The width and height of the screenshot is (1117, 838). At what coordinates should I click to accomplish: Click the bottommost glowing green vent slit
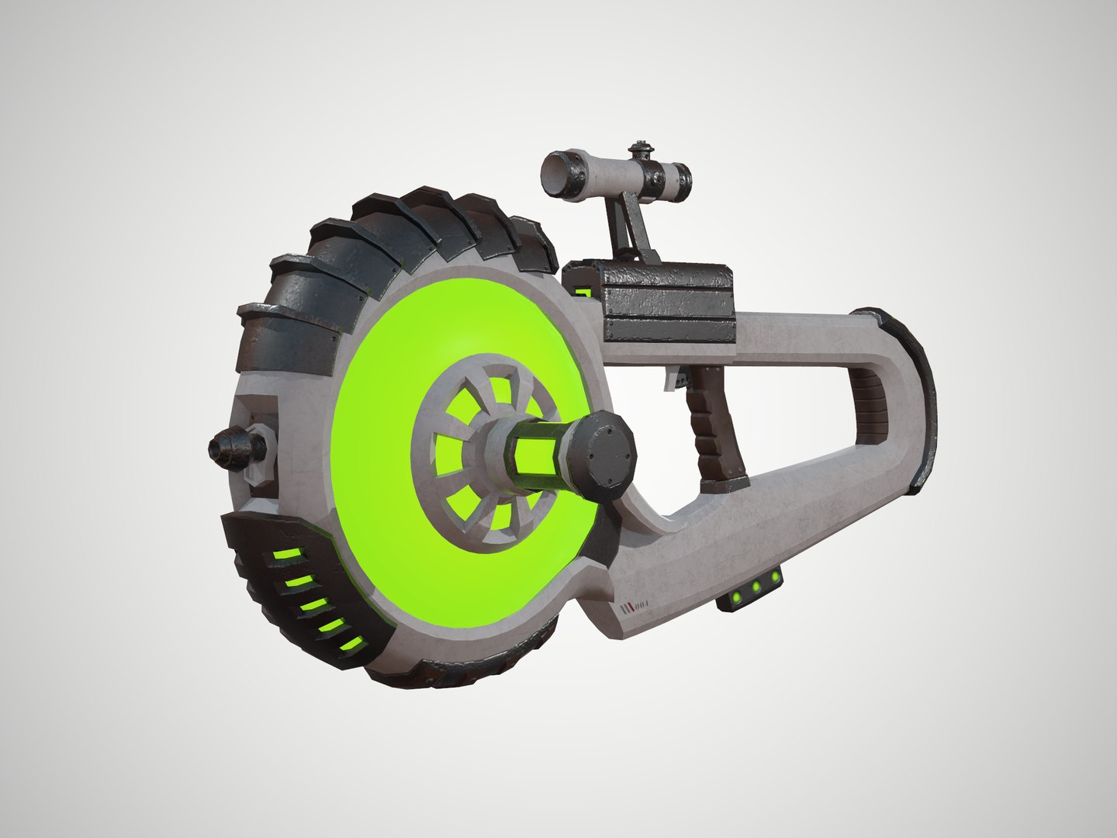(x=351, y=644)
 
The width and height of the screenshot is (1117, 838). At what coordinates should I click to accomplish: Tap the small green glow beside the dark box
(x=586, y=293)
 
